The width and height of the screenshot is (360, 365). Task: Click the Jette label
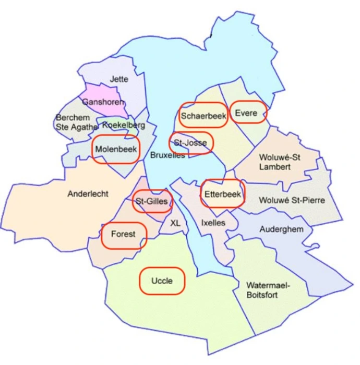coord(119,79)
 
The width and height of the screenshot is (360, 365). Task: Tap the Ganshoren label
coord(103,102)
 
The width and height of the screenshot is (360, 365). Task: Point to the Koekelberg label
coord(124,125)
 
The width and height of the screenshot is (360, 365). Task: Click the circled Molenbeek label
coord(116,149)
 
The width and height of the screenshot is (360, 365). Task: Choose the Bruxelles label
coord(167,155)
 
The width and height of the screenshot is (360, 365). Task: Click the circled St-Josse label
coord(190,142)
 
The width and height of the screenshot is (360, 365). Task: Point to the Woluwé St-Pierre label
coord(292,200)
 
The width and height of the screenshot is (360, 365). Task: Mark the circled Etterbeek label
coord(223,193)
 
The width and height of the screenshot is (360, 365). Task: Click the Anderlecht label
coord(88,194)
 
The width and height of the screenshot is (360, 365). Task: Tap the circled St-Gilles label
coord(152,201)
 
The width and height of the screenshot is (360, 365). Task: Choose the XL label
coord(175,223)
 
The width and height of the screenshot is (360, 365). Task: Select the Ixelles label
coord(213,223)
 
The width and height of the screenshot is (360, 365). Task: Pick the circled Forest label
coord(123,234)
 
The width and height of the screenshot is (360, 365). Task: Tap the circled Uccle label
coord(162,281)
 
